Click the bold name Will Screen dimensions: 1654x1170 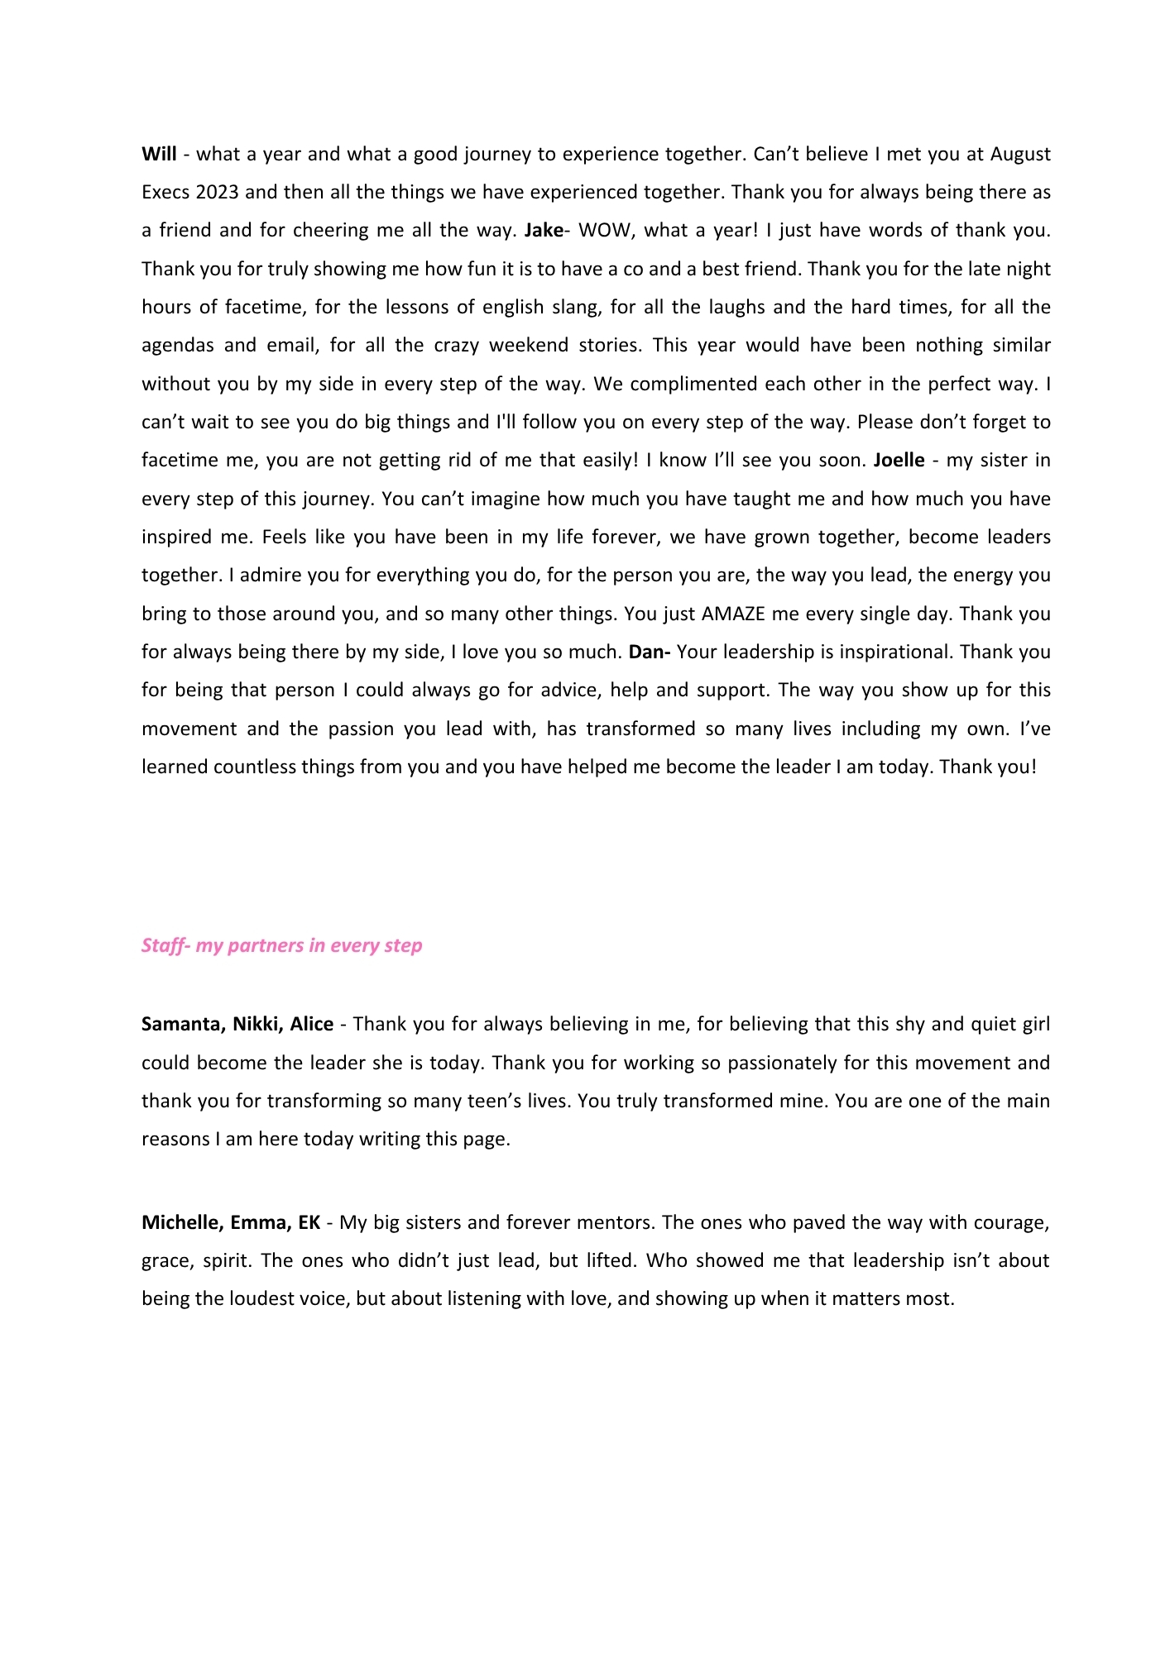point(159,154)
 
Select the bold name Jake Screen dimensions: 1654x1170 point(543,230)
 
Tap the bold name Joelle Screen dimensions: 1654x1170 point(899,460)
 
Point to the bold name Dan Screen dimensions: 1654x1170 point(647,652)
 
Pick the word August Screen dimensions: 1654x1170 point(1020,154)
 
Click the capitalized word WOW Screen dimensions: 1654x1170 point(603,230)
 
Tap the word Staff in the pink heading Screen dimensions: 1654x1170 point(162,945)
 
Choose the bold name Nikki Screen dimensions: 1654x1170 point(257,1024)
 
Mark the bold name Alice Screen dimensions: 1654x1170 point(311,1024)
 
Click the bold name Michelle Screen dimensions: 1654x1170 point(182,1222)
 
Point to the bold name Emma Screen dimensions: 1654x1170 point(260,1222)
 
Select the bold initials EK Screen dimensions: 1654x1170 point(309,1222)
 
